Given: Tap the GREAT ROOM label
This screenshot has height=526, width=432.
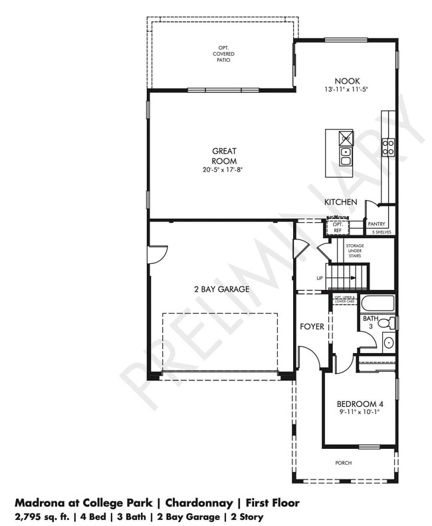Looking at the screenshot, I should coord(224,156).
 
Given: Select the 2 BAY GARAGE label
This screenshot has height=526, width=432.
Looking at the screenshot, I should coord(222,289).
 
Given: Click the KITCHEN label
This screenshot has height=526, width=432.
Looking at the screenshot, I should coord(340,201).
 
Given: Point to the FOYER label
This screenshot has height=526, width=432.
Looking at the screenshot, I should coord(312,327).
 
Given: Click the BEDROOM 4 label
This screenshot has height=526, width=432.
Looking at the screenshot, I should coord(360,404).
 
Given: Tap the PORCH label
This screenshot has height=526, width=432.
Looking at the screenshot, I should coord(344,463).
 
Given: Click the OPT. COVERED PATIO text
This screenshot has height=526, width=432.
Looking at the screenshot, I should coord(224,53).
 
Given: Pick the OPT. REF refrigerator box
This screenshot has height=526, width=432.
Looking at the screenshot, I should coord(337,227).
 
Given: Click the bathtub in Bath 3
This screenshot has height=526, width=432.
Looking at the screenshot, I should coord(378,304).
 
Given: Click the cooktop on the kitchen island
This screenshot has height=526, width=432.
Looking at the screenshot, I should coord(346,138).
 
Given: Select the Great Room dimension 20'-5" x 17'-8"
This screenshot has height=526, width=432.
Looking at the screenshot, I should coord(224,170).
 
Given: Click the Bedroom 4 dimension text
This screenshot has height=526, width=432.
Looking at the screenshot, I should coord(360,413).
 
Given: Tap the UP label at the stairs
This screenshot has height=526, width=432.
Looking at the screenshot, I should coord(320,278).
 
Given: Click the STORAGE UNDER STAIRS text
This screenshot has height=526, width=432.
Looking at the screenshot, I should coord(354,252).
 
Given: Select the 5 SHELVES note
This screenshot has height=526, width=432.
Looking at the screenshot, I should coord(381,232).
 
